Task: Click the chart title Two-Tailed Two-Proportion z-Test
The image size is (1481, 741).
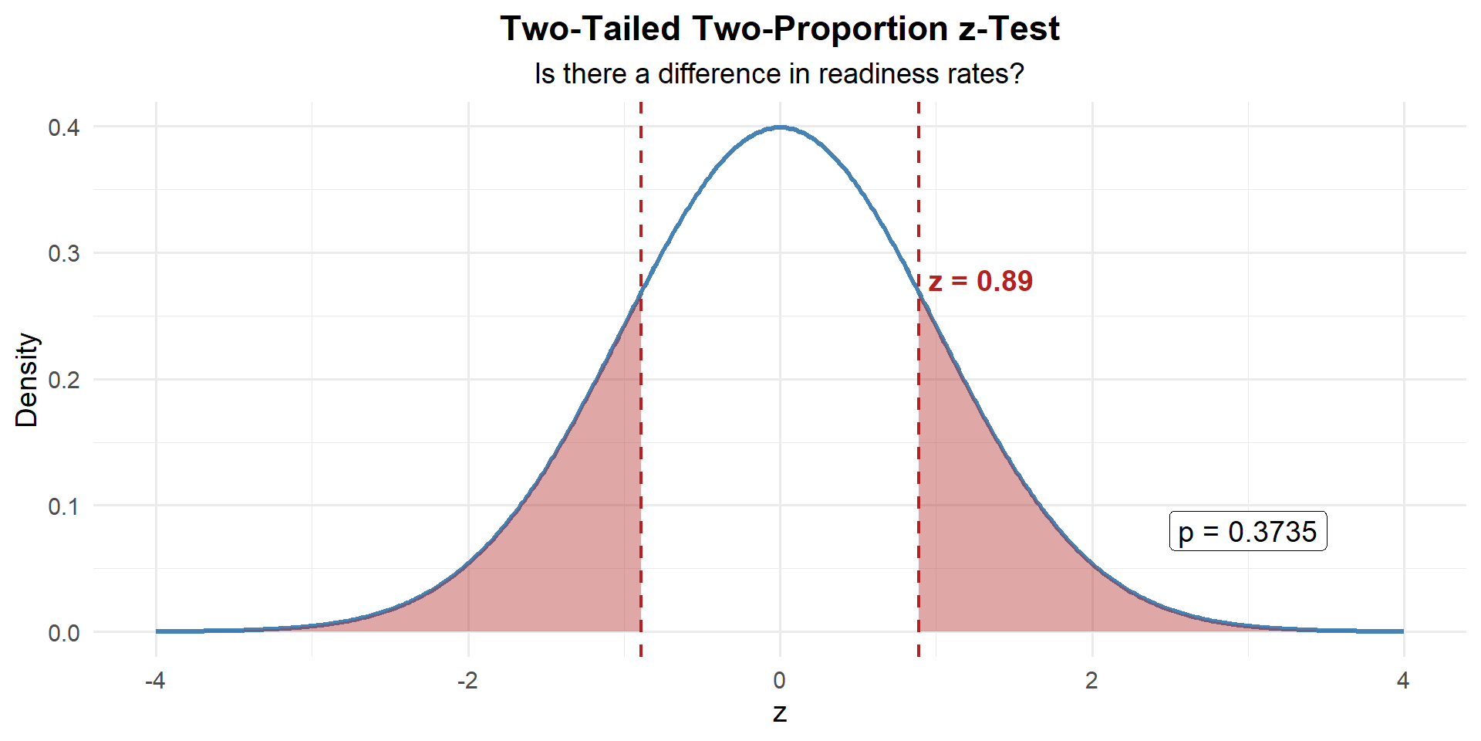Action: pos(779,29)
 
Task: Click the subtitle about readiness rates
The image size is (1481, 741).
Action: pos(779,74)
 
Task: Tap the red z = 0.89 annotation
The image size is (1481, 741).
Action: pos(980,282)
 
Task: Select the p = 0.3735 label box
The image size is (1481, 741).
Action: pos(1247,532)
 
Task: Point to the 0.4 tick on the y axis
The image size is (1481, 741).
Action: pos(64,127)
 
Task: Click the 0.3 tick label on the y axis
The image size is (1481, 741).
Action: pos(64,254)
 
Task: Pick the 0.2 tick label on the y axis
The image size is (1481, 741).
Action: pos(64,380)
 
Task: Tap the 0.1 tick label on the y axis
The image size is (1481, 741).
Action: pos(64,506)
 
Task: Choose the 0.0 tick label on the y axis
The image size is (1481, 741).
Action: pos(64,633)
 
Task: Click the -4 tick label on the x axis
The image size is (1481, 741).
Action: pos(156,681)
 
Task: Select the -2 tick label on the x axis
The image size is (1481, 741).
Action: pos(467,681)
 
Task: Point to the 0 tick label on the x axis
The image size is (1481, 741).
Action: pos(779,681)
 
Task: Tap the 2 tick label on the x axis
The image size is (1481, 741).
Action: pos(1091,681)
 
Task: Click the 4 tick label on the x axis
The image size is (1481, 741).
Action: pos(1403,681)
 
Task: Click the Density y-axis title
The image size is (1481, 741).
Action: pos(27,380)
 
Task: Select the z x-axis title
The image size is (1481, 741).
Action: pos(779,712)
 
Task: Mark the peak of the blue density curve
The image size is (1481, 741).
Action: pos(780,127)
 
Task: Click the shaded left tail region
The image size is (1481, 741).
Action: pos(571,540)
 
